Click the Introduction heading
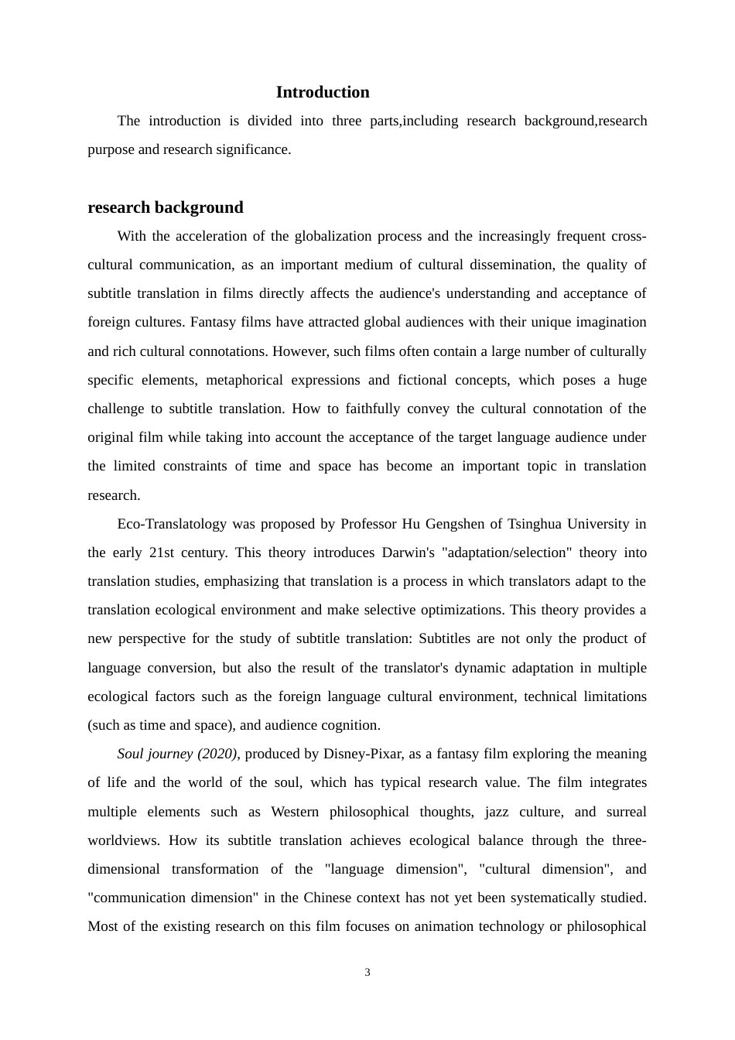pyautogui.click(x=323, y=92)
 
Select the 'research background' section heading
pyautogui.click(x=165, y=207)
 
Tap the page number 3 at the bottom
pyautogui.click(x=367, y=972)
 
